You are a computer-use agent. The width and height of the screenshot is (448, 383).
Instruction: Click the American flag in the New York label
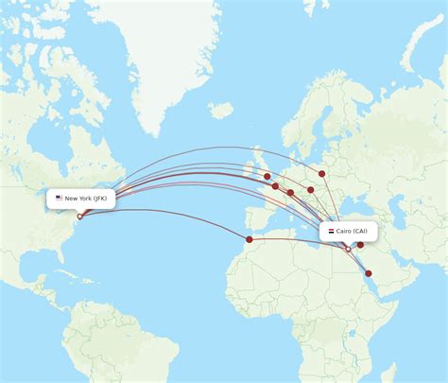(59, 199)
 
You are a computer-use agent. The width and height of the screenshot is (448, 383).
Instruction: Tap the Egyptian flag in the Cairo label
(330, 231)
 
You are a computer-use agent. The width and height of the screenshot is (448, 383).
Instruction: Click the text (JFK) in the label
(101, 199)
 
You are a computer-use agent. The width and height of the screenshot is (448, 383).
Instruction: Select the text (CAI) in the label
(364, 231)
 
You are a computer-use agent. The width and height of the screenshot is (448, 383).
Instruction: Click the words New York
(78, 199)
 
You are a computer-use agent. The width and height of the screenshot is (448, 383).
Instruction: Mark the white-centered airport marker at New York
(79, 217)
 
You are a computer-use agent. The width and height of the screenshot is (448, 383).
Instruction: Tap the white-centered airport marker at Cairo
(348, 249)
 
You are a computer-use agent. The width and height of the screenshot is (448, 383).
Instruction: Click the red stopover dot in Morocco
(250, 239)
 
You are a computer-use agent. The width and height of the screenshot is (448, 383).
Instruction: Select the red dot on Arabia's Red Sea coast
(369, 273)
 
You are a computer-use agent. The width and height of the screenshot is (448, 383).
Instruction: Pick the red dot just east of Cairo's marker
(360, 245)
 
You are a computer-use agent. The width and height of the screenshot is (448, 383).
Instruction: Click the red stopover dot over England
(267, 176)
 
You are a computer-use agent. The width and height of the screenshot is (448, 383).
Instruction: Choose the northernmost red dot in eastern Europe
(322, 173)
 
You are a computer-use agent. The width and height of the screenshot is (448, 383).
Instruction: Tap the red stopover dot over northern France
(275, 186)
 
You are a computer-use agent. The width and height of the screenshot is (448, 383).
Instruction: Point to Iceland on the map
(221, 111)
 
